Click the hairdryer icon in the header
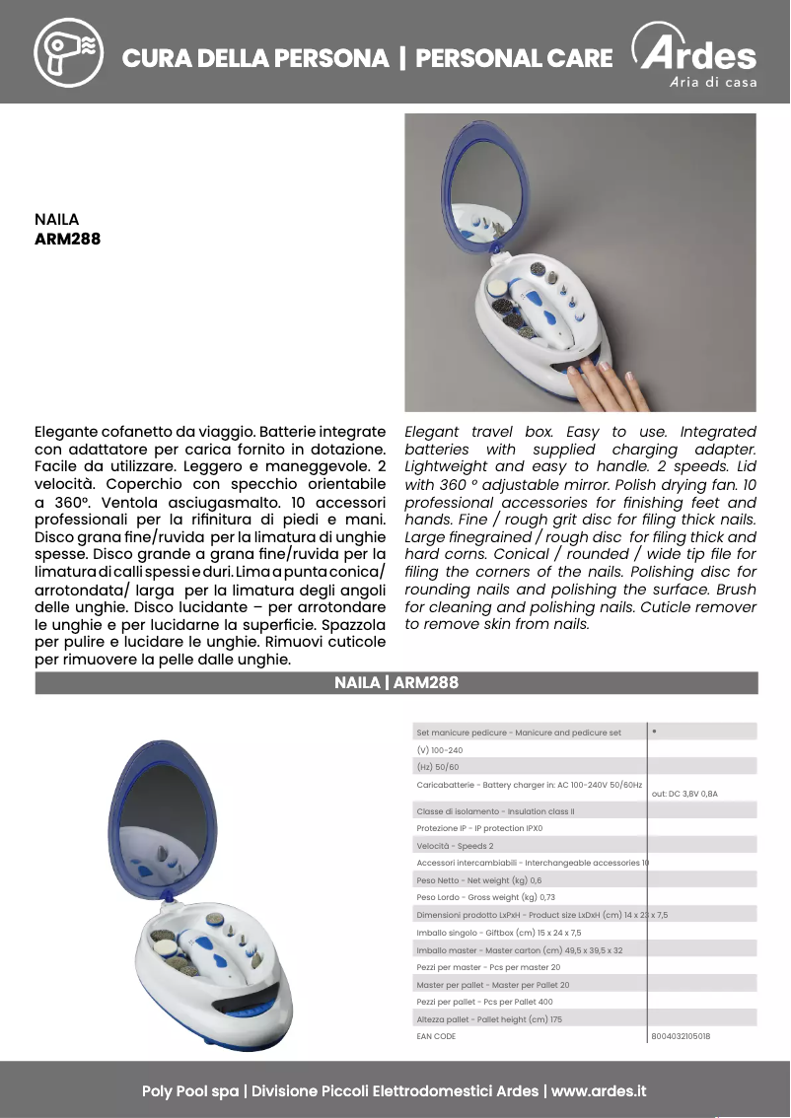click(x=68, y=51)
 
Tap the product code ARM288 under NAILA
click(x=67, y=239)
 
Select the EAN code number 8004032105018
click(x=681, y=1036)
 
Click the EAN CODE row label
click(x=436, y=1036)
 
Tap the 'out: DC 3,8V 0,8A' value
click(x=684, y=793)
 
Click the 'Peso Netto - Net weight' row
click(x=478, y=879)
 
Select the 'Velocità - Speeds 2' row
click(x=455, y=846)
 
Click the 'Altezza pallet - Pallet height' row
click(x=489, y=1019)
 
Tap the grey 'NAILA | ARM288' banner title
click(x=396, y=682)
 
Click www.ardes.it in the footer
click(x=598, y=1091)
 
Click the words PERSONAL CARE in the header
click(x=514, y=59)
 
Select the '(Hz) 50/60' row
click(x=438, y=767)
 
